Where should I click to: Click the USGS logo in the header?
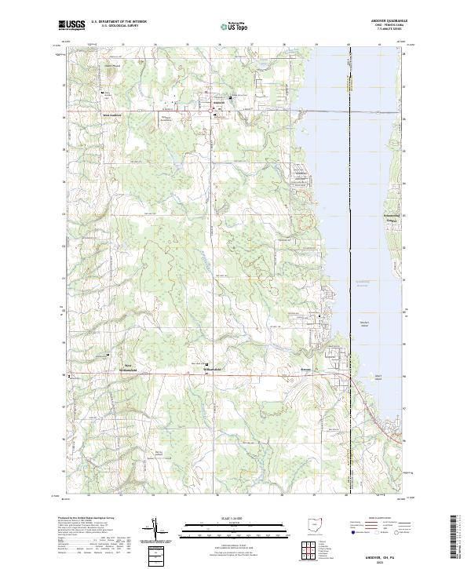tap(72, 25)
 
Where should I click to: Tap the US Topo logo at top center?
tap(235, 25)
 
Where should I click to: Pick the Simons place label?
tap(309, 366)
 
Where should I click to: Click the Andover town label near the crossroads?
tap(203, 103)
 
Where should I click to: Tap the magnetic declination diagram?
tap(155, 530)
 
